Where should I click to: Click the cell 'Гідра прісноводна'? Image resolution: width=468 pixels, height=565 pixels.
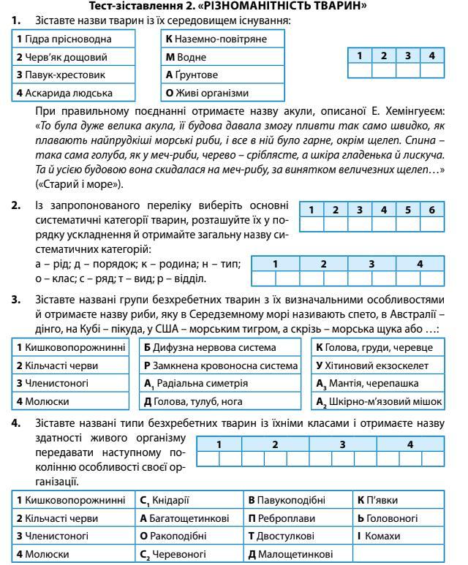pyautogui.click(x=74, y=38)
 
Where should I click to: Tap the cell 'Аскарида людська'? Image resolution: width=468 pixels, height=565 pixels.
pyautogui.click(x=74, y=93)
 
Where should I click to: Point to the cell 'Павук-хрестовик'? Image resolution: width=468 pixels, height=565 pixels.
pyautogui.click(x=74, y=75)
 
